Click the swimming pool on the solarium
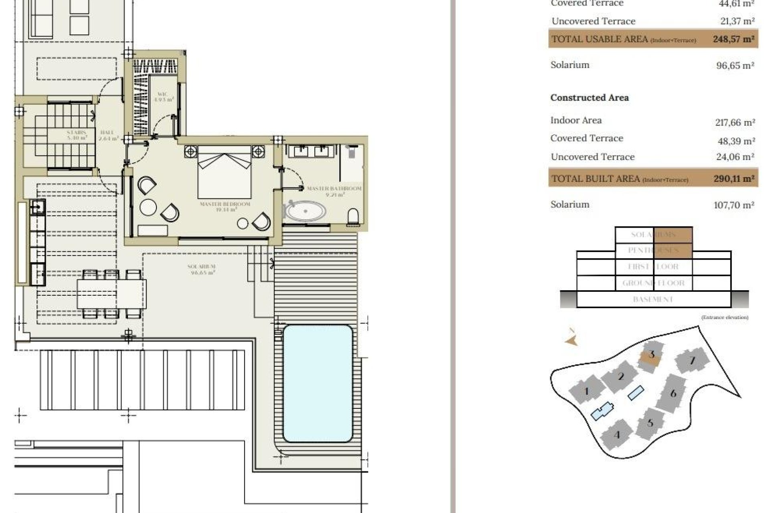coord(318,383)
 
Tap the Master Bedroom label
coord(225,207)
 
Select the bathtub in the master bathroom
coord(305,211)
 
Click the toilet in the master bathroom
coord(353,217)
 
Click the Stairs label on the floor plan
coord(77,135)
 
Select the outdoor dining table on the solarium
coord(111,294)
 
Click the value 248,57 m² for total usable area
coord(734,39)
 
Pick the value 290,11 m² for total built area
coord(734,179)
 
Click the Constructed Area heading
coord(589,98)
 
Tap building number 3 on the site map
coord(651,355)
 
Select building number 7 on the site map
coord(692,360)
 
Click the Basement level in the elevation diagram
coord(653,299)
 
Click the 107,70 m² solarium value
coord(734,205)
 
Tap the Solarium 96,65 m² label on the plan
coord(202,269)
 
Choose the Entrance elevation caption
coord(724,317)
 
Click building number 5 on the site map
coord(650,422)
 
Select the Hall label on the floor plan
coord(108,135)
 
